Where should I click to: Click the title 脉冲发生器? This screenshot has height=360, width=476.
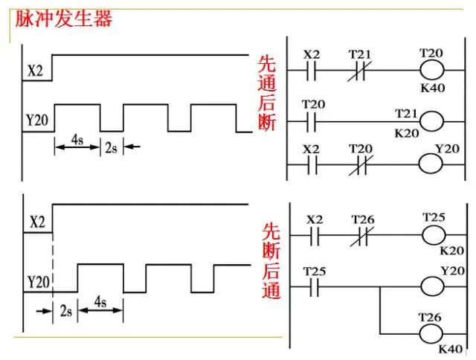[x=64, y=18]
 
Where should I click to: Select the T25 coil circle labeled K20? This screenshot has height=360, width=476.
[x=434, y=234]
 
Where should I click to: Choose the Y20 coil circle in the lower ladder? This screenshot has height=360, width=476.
[x=432, y=285]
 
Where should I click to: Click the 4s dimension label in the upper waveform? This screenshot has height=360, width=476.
[x=77, y=138]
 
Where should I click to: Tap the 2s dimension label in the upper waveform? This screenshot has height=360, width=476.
[x=111, y=147]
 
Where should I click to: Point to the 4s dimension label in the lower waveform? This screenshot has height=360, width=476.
[x=100, y=302]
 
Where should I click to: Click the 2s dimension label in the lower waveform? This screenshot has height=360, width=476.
[x=65, y=309]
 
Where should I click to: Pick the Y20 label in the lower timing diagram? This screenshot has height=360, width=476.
[x=38, y=283]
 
